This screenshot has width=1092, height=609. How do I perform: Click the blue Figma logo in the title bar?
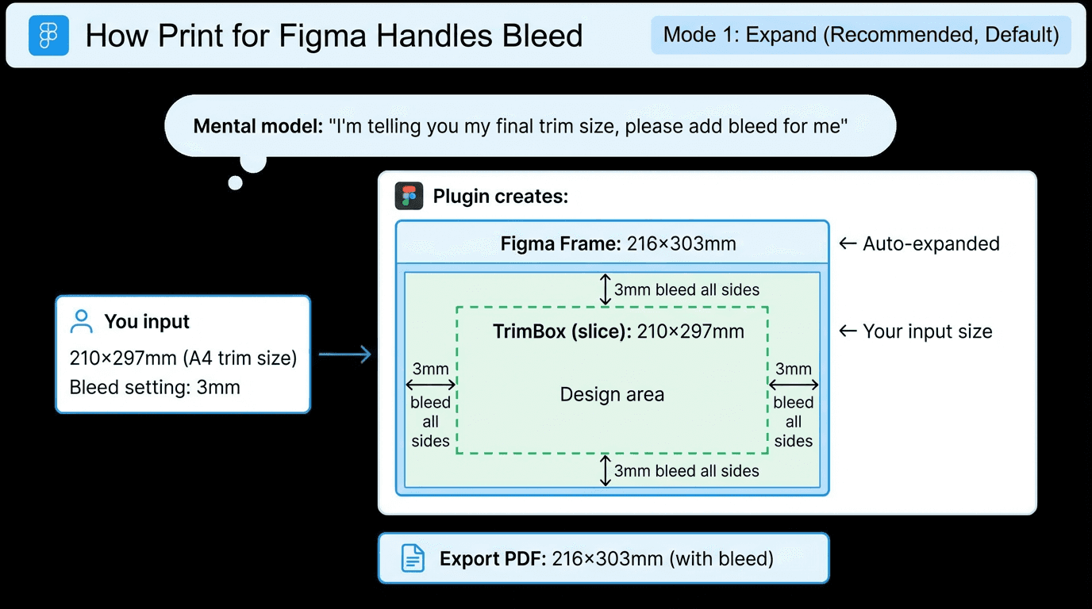(x=48, y=36)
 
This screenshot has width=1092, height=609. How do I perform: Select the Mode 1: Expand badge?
(x=861, y=35)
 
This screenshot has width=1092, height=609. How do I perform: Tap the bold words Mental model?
(x=257, y=126)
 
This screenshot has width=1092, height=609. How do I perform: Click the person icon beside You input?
(x=81, y=321)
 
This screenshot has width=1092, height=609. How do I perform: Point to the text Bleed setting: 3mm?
(x=155, y=387)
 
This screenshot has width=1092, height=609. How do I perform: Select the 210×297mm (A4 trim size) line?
(x=183, y=358)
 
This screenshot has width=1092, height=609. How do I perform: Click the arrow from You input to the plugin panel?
(x=345, y=354)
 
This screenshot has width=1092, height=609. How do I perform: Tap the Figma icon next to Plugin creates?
(x=409, y=196)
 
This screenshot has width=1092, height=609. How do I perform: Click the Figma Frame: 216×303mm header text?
(x=618, y=243)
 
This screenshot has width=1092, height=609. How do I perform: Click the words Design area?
(x=612, y=394)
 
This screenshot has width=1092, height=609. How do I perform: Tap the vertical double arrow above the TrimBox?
(x=605, y=289)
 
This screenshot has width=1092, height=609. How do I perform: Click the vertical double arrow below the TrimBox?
(x=605, y=470)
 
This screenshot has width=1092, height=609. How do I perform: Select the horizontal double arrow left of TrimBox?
(x=430, y=385)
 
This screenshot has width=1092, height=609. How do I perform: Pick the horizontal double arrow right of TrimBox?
(x=794, y=385)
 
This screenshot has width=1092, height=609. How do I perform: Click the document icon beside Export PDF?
(x=413, y=558)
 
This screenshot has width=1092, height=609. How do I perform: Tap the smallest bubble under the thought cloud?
(x=235, y=183)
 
